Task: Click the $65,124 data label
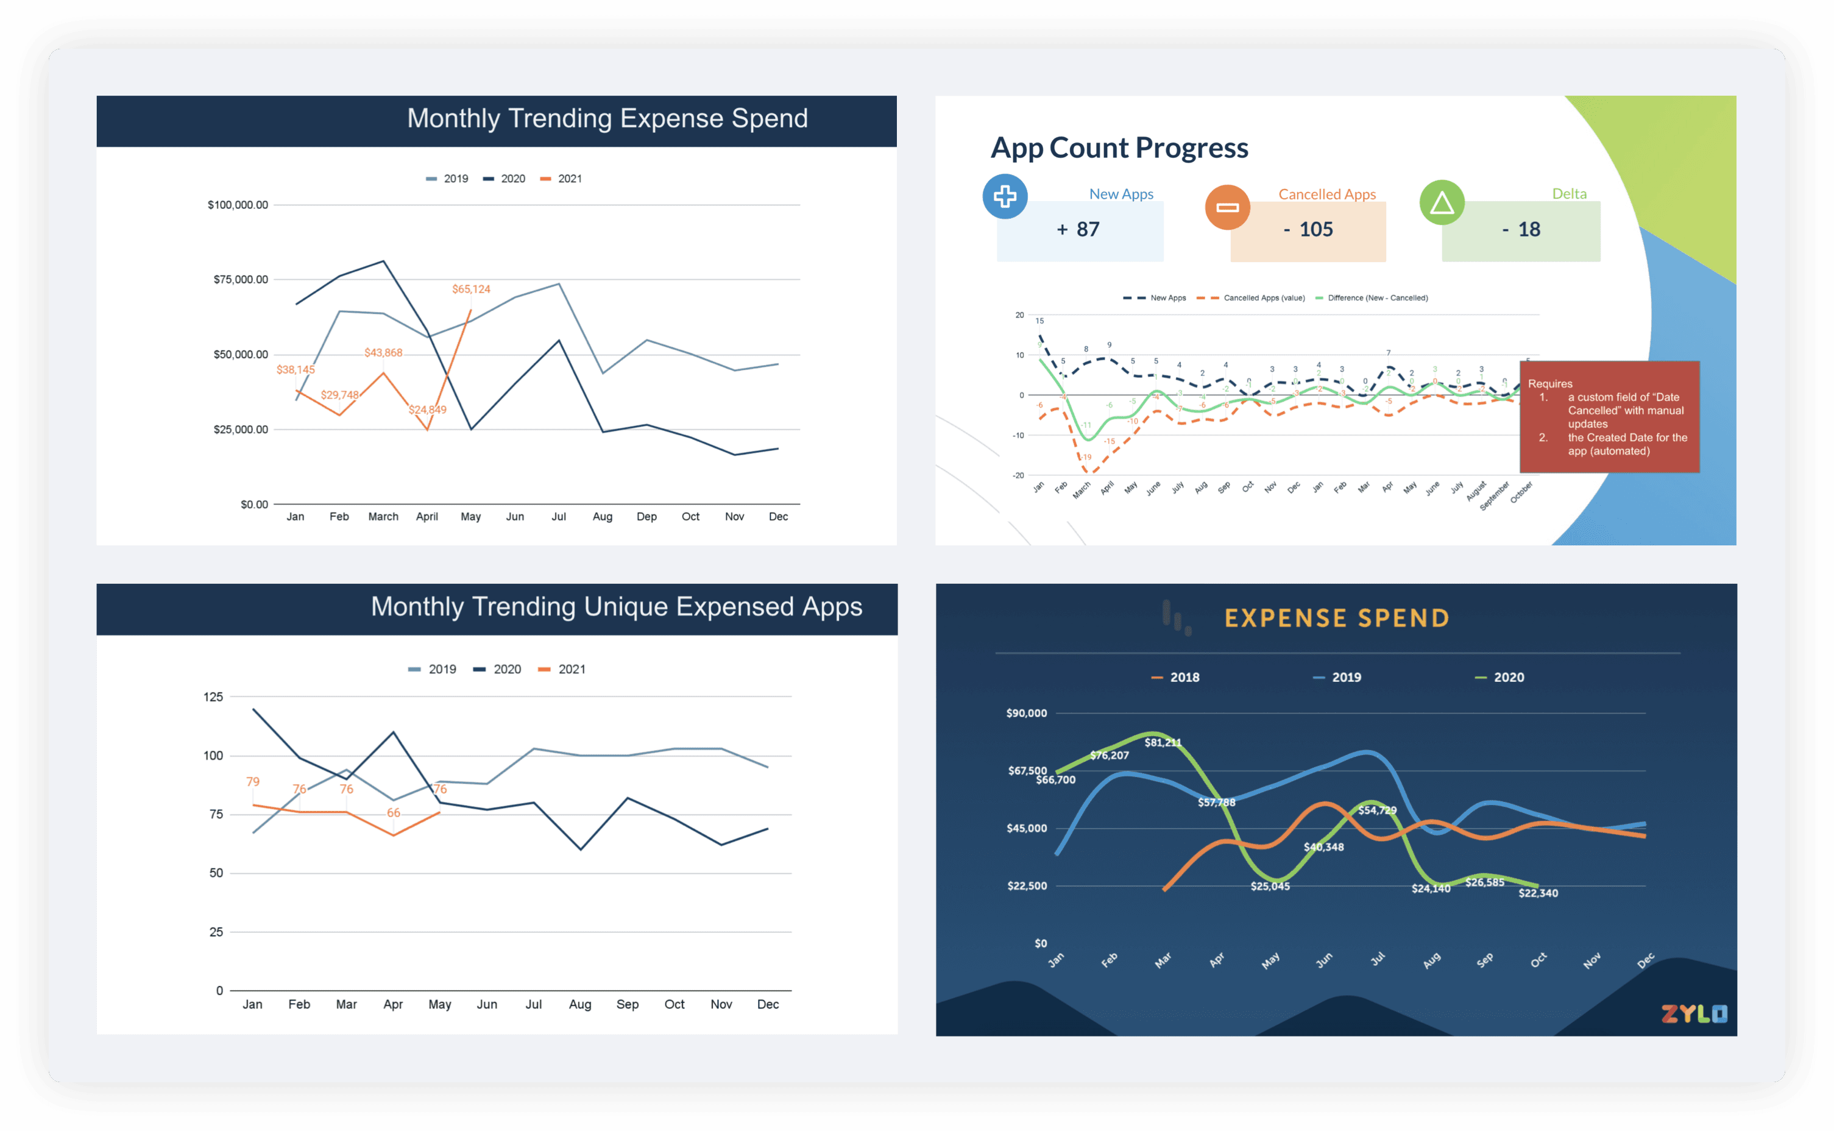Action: point(470,289)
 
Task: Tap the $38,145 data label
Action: point(296,369)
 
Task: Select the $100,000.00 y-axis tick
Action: point(237,205)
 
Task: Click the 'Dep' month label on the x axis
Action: point(646,516)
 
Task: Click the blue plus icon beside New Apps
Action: point(1005,197)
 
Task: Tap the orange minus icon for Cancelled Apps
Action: point(1227,207)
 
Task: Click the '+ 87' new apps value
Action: point(1078,229)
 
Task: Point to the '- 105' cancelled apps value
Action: point(1308,229)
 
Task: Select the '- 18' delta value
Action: point(1521,229)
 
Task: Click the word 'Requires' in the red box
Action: point(1550,384)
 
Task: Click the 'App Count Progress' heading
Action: point(1119,147)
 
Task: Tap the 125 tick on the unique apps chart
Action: point(213,697)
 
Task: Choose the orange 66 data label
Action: point(394,812)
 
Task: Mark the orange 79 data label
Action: point(253,782)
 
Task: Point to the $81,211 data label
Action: point(1163,742)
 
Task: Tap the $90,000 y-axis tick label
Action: point(1026,713)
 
